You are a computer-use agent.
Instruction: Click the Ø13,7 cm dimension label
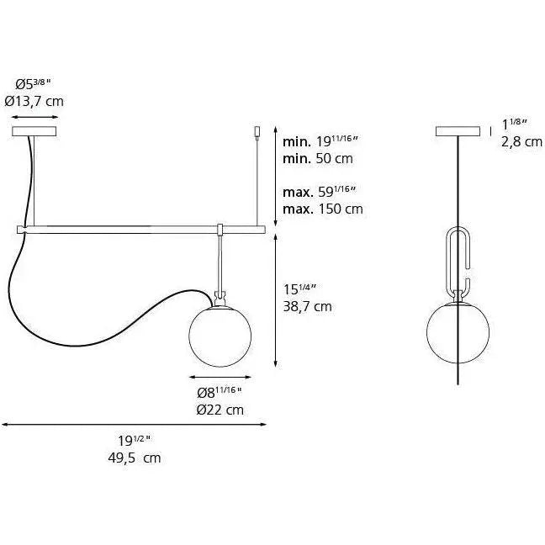point(34,101)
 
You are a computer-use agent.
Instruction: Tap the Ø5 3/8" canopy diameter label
point(34,84)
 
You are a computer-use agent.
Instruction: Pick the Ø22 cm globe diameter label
point(220,410)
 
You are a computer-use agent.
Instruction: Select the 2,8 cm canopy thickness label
point(521,142)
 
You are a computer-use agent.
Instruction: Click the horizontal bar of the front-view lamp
point(143,228)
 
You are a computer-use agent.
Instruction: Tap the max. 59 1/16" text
point(320,193)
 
